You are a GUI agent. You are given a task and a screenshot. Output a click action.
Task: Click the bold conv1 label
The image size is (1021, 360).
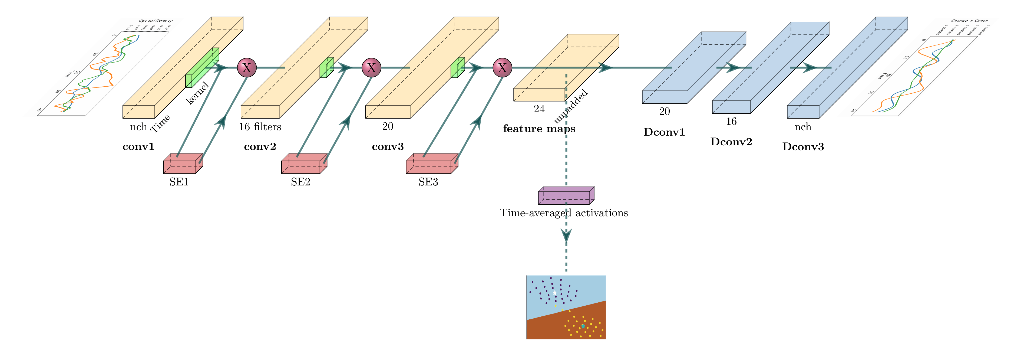click(x=138, y=147)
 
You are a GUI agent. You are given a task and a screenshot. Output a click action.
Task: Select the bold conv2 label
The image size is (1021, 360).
click(x=260, y=147)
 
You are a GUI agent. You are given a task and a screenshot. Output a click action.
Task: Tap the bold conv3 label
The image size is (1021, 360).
click(x=388, y=147)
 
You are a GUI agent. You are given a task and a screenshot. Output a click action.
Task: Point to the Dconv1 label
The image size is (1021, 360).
click(x=664, y=132)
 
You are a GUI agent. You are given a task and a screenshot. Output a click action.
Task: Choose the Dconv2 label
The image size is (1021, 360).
click(x=731, y=142)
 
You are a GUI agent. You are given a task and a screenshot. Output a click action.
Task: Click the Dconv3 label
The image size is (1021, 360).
click(x=803, y=147)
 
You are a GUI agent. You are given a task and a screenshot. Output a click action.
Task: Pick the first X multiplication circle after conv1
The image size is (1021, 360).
click(x=247, y=68)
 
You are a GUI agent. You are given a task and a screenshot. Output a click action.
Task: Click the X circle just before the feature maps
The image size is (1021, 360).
click(x=502, y=68)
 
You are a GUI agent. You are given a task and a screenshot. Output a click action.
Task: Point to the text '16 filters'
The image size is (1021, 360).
click(x=260, y=127)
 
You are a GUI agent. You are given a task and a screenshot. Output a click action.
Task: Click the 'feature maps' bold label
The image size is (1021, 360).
click(x=539, y=129)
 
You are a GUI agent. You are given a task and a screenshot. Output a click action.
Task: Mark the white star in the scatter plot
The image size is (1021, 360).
click(x=554, y=293)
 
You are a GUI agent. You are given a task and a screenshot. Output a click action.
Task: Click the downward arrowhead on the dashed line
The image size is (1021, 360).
click(x=566, y=236)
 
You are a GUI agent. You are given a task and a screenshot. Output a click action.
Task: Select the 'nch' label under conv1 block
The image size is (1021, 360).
click(x=138, y=127)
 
